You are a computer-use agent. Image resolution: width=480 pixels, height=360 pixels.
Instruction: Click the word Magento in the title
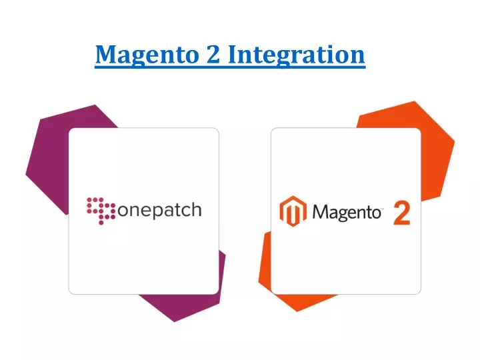pyautogui.click(x=147, y=55)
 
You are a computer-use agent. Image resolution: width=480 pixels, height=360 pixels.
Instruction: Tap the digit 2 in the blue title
pyautogui.click(x=213, y=53)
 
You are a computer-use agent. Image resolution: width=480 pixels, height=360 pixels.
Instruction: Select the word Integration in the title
pyautogui.click(x=296, y=55)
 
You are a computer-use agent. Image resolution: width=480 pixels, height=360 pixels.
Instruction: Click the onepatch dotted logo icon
pyautogui.click(x=101, y=211)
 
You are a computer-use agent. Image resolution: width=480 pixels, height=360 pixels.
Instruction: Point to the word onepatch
pyautogui.click(x=159, y=211)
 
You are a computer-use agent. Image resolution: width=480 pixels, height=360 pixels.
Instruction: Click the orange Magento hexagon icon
pyautogui.click(x=293, y=211)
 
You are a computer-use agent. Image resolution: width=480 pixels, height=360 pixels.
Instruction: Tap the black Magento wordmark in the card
pyautogui.click(x=347, y=213)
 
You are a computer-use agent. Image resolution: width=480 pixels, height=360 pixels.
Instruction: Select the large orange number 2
pyautogui.click(x=401, y=213)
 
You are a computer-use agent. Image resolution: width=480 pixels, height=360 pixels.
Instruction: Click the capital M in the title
pyautogui.click(x=107, y=54)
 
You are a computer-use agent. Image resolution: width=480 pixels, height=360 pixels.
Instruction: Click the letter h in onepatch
pyautogui.click(x=195, y=209)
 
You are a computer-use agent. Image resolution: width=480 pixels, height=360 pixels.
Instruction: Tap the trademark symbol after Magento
pyautogui.click(x=383, y=209)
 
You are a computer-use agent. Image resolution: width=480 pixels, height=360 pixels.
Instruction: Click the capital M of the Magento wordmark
pyautogui.click(x=319, y=212)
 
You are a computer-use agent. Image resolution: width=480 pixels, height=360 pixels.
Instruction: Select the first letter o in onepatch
pyautogui.click(x=123, y=211)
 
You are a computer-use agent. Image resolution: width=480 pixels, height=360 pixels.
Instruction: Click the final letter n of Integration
pyautogui.click(x=358, y=56)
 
